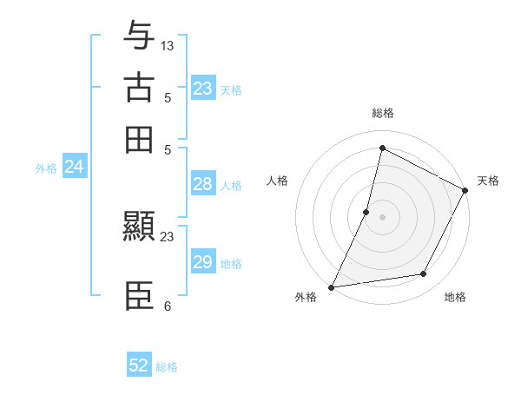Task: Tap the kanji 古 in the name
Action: coord(139,89)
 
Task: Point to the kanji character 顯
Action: coord(139,227)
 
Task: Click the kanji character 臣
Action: coord(139,295)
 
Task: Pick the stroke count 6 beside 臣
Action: coord(167,306)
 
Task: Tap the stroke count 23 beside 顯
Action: coord(168,236)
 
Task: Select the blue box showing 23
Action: coord(203,89)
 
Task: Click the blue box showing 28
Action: coord(203,184)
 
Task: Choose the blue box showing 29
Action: coord(203,262)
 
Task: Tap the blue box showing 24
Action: coord(75,167)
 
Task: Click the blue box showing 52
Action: coord(139,365)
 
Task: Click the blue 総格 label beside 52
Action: coord(167,367)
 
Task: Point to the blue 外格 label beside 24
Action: coord(46,168)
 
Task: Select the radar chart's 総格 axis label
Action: coord(382,114)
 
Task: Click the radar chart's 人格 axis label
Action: coord(278,181)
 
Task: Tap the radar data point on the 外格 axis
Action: coord(332,286)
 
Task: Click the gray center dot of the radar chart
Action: coord(382,216)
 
